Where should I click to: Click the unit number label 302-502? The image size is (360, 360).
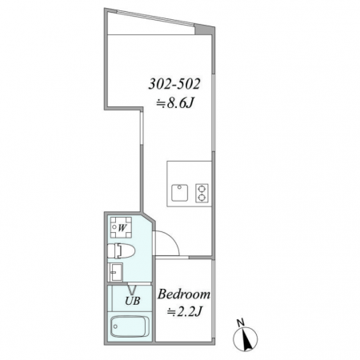pos(174,84)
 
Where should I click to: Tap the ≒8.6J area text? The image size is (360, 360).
pos(174,103)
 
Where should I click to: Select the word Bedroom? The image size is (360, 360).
pos(184,294)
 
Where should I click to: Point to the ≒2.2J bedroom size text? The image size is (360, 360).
pos(185,311)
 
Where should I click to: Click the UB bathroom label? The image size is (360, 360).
pos(133,301)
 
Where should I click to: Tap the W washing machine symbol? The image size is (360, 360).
pos(122,227)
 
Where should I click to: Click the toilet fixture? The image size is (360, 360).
pos(122,250)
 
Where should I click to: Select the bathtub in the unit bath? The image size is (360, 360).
pos(128,326)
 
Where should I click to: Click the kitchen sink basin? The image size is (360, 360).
pos(179,193)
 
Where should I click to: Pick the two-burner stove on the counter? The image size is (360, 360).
pos(202,193)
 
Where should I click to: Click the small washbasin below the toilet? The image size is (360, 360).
pos(116,272)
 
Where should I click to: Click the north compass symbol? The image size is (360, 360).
pos(246,338)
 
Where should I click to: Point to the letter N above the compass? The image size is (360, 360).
pos(241,323)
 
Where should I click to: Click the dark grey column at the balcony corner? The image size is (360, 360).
pos(203,30)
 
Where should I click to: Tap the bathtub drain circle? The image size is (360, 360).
pos(115,326)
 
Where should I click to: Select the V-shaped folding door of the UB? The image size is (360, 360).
pos(132,290)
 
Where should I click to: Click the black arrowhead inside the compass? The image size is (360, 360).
pos(247,338)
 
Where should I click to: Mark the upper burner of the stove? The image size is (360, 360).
pos(202,188)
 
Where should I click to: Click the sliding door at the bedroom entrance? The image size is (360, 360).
pos(172,258)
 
